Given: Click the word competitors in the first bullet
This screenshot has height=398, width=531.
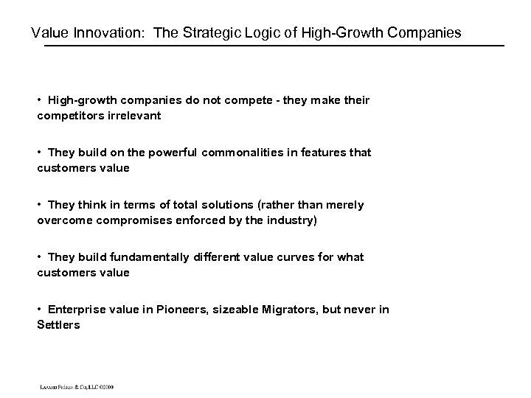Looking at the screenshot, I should pos(71,116).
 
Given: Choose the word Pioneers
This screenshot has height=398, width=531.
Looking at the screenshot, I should pos(181,310).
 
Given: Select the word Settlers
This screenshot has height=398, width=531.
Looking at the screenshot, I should pos(58,325).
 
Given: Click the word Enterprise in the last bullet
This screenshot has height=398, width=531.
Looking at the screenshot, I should pos(77,310).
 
